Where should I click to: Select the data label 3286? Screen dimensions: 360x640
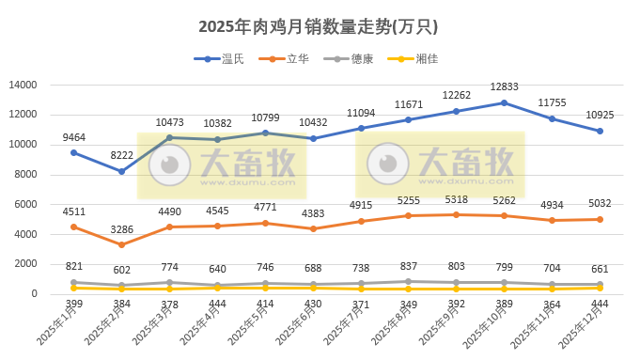(x=121, y=228)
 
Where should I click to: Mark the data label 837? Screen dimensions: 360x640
(x=408, y=266)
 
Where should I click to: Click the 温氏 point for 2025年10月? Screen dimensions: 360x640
(x=504, y=102)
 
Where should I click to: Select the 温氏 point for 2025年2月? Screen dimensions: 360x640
(x=121, y=171)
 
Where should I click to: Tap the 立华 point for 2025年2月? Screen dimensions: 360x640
(x=121, y=244)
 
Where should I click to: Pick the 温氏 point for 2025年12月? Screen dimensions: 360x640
(x=600, y=131)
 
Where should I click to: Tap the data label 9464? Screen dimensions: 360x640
(x=73, y=137)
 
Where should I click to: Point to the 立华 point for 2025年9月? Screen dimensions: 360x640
(x=456, y=214)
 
